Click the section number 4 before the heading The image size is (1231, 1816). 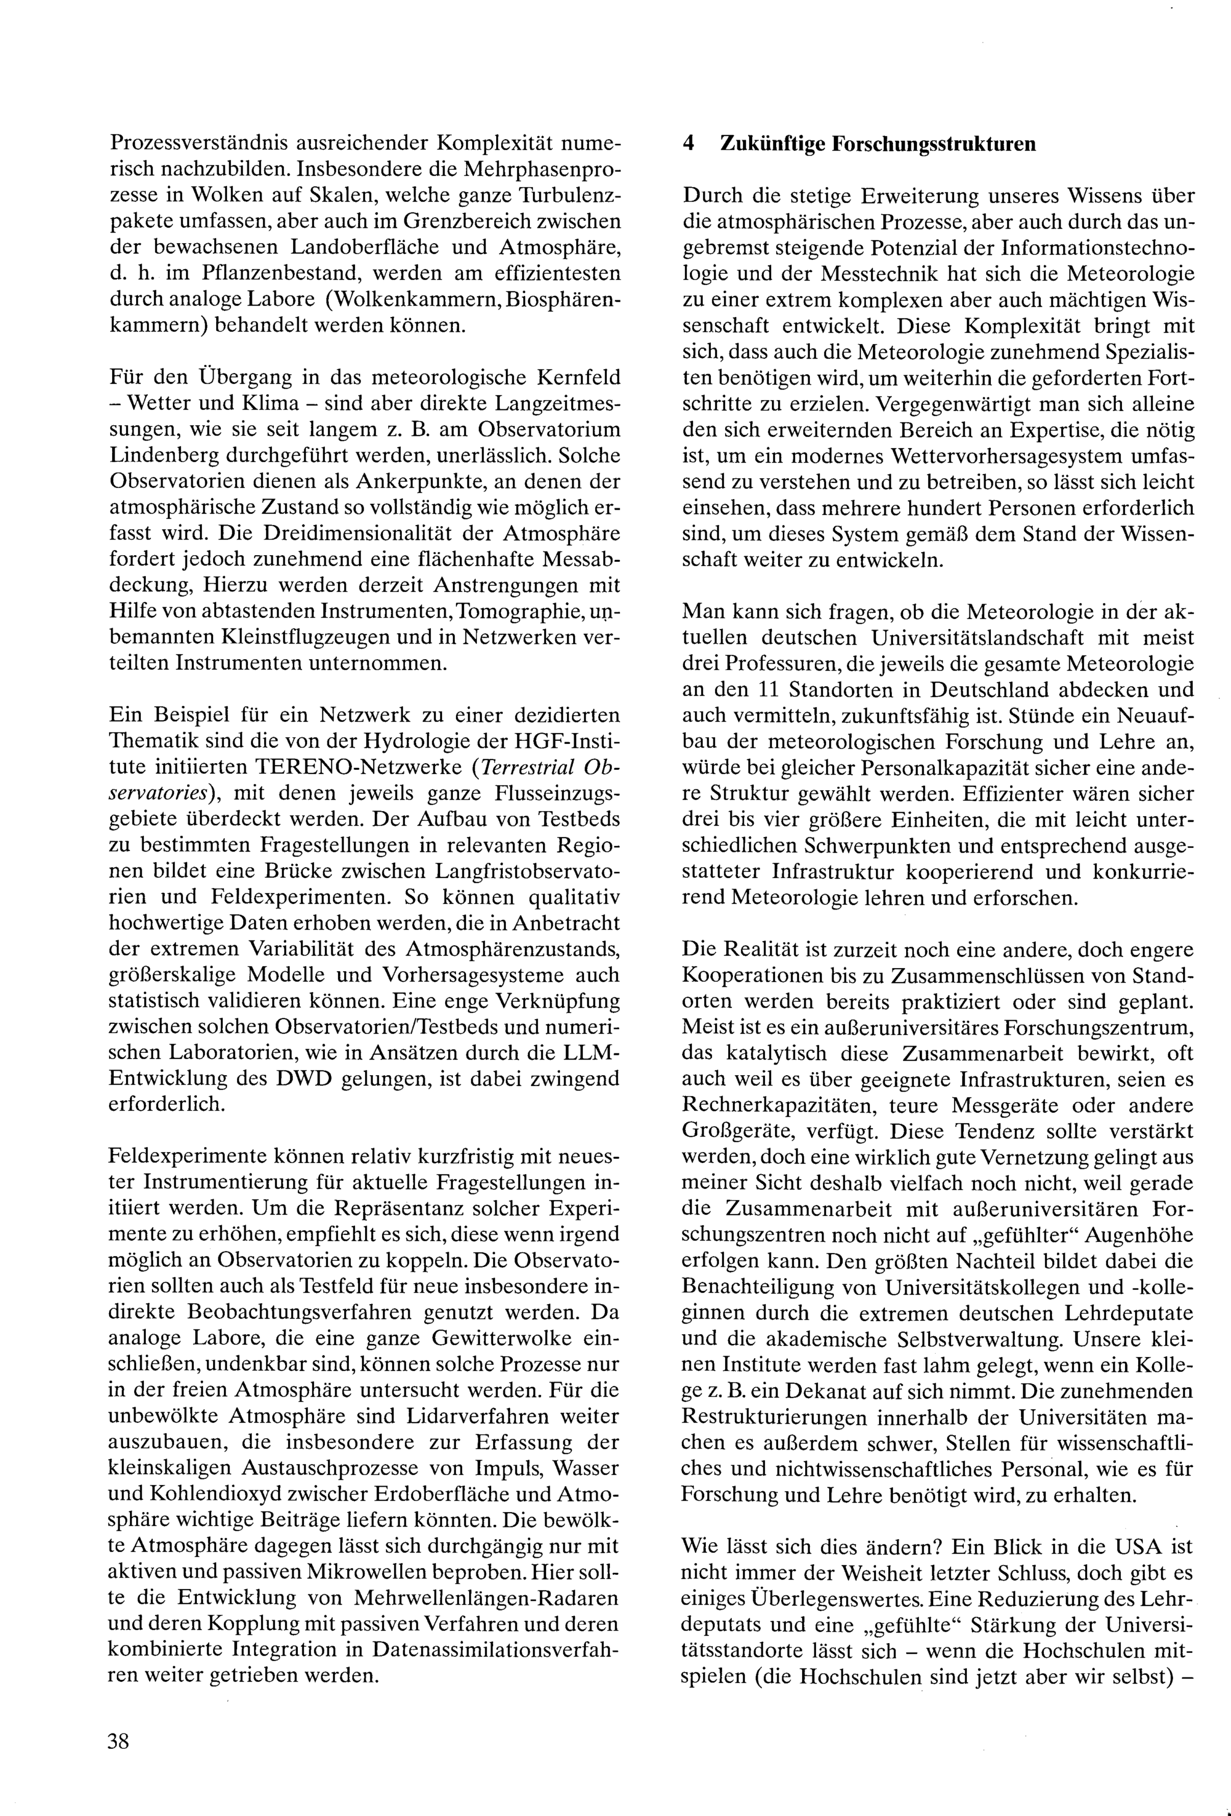[688, 144]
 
